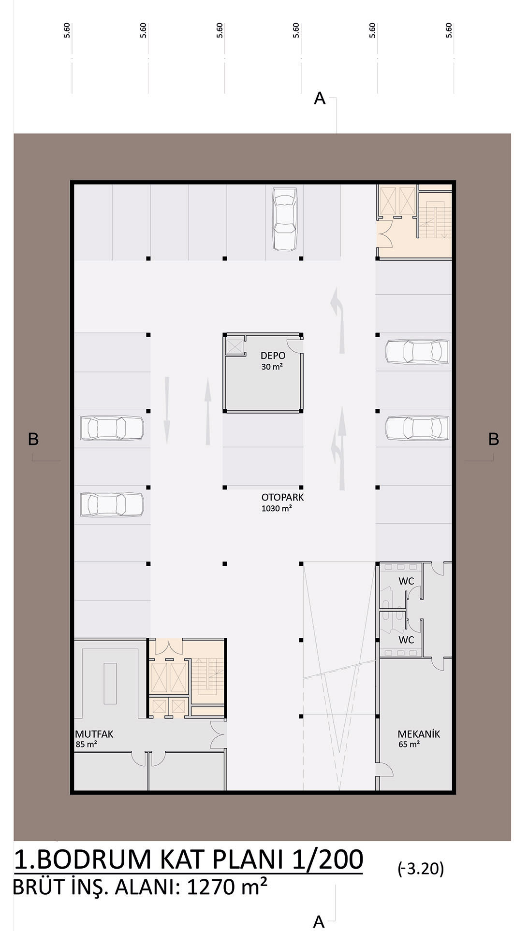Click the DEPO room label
coord(273,356)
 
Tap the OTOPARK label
coord(282,497)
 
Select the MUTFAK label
coord(94,734)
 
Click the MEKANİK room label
coord(419,734)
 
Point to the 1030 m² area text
coord(277,508)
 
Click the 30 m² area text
coord(272,367)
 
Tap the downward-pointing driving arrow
coord(167,410)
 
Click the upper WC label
coord(406,581)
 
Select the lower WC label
coord(406,640)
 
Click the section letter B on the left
coord(33,439)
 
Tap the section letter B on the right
coord(493,439)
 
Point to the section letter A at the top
coord(320,99)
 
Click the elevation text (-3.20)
coord(421,869)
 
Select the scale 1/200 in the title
coord(328,859)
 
